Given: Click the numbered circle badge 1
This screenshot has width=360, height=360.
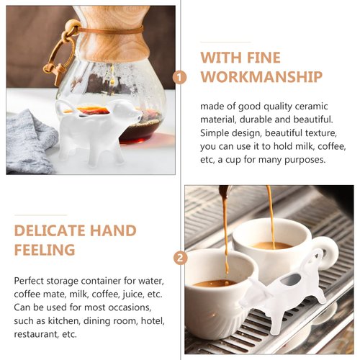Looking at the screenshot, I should [x=181, y=76].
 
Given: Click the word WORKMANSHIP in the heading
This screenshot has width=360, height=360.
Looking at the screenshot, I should [x=261, y=76].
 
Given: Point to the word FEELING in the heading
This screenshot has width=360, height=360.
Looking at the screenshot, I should [x=45, y=250].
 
